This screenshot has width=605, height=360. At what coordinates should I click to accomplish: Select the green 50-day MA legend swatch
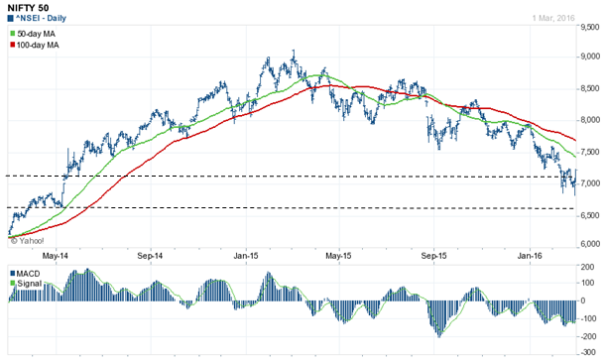tap(13, 35)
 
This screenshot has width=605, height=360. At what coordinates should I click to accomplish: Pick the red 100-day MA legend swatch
tap(13, 47)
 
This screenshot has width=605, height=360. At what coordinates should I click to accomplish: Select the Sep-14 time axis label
tap(149, 254)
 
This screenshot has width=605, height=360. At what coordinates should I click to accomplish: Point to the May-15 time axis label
tap(339, 254)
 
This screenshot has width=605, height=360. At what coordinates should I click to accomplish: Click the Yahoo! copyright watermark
tap(29, 240)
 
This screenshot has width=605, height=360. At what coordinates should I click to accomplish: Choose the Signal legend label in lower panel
tap(29, 283)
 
